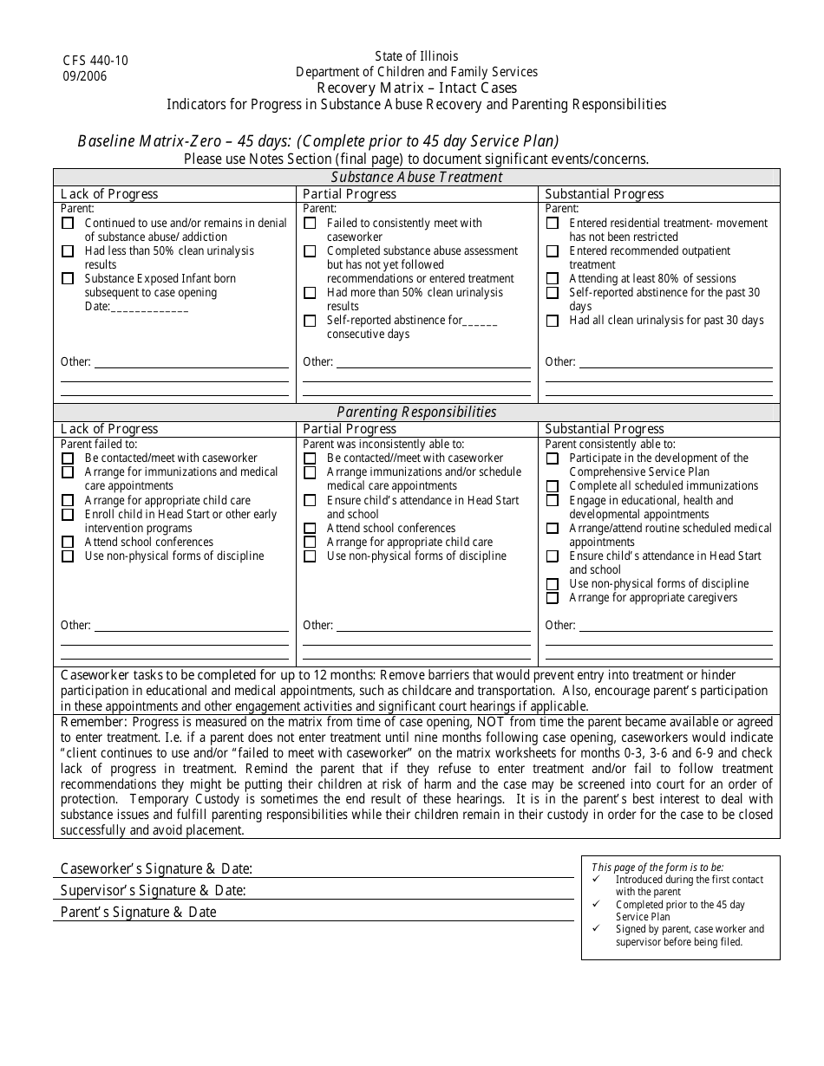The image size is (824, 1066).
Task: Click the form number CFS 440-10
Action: (x=95, y=61)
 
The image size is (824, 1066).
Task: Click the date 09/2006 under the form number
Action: (x=85, y=75)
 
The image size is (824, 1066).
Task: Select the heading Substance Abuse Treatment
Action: (x=416, y=177)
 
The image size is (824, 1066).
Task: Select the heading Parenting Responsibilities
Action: (x=416, y=412)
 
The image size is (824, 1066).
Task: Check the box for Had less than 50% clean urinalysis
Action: (x=68, y=251)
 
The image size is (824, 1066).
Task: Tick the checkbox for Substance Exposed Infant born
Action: (x=68, y=279)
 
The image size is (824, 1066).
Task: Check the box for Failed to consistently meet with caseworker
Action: (x=310, y=224)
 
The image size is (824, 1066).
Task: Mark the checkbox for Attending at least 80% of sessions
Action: (x=552, y=279)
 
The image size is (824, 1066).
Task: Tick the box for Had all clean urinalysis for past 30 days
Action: (x=552, y=321)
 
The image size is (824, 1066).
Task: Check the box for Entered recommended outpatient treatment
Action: (x=552, y=251)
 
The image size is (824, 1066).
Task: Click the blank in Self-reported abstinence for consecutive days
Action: (x=481, y=321)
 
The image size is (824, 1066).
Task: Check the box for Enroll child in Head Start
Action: (x=68, y=515)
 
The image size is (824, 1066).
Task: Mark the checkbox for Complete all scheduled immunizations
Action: (x=552, y=486)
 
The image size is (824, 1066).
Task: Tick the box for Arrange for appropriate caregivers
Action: (x=552, y=598)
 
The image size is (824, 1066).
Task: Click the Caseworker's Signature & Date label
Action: (x=156, y=868)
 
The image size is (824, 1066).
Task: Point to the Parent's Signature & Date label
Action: (x=139, y=912)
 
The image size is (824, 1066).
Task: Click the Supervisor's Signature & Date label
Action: (x=153, y=890)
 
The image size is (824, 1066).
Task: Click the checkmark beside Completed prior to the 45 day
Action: (x=596, y=904)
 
